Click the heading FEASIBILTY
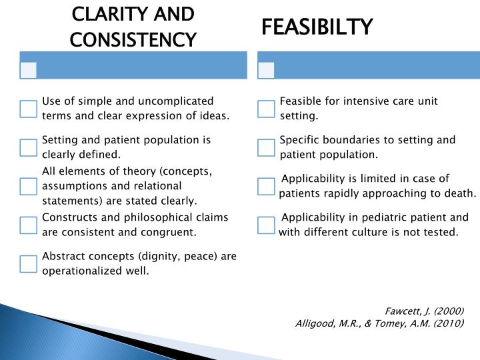point(317,27)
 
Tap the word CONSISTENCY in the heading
point(133,40)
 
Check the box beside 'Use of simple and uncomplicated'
point(29,109)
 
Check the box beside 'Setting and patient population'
point(29,147)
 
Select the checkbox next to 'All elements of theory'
point(29,186)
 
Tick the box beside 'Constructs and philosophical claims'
point(29,225)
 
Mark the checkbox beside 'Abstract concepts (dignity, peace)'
point(29,264)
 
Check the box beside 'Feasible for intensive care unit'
point(267,109)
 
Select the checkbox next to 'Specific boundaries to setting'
point(267,147)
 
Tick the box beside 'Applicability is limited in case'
point(267,186)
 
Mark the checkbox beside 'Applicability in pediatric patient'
point(267,225)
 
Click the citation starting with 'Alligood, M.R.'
point(379,324)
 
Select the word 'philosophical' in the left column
point(127,218)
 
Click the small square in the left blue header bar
point(29,70)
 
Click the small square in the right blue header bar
point(267,70)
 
